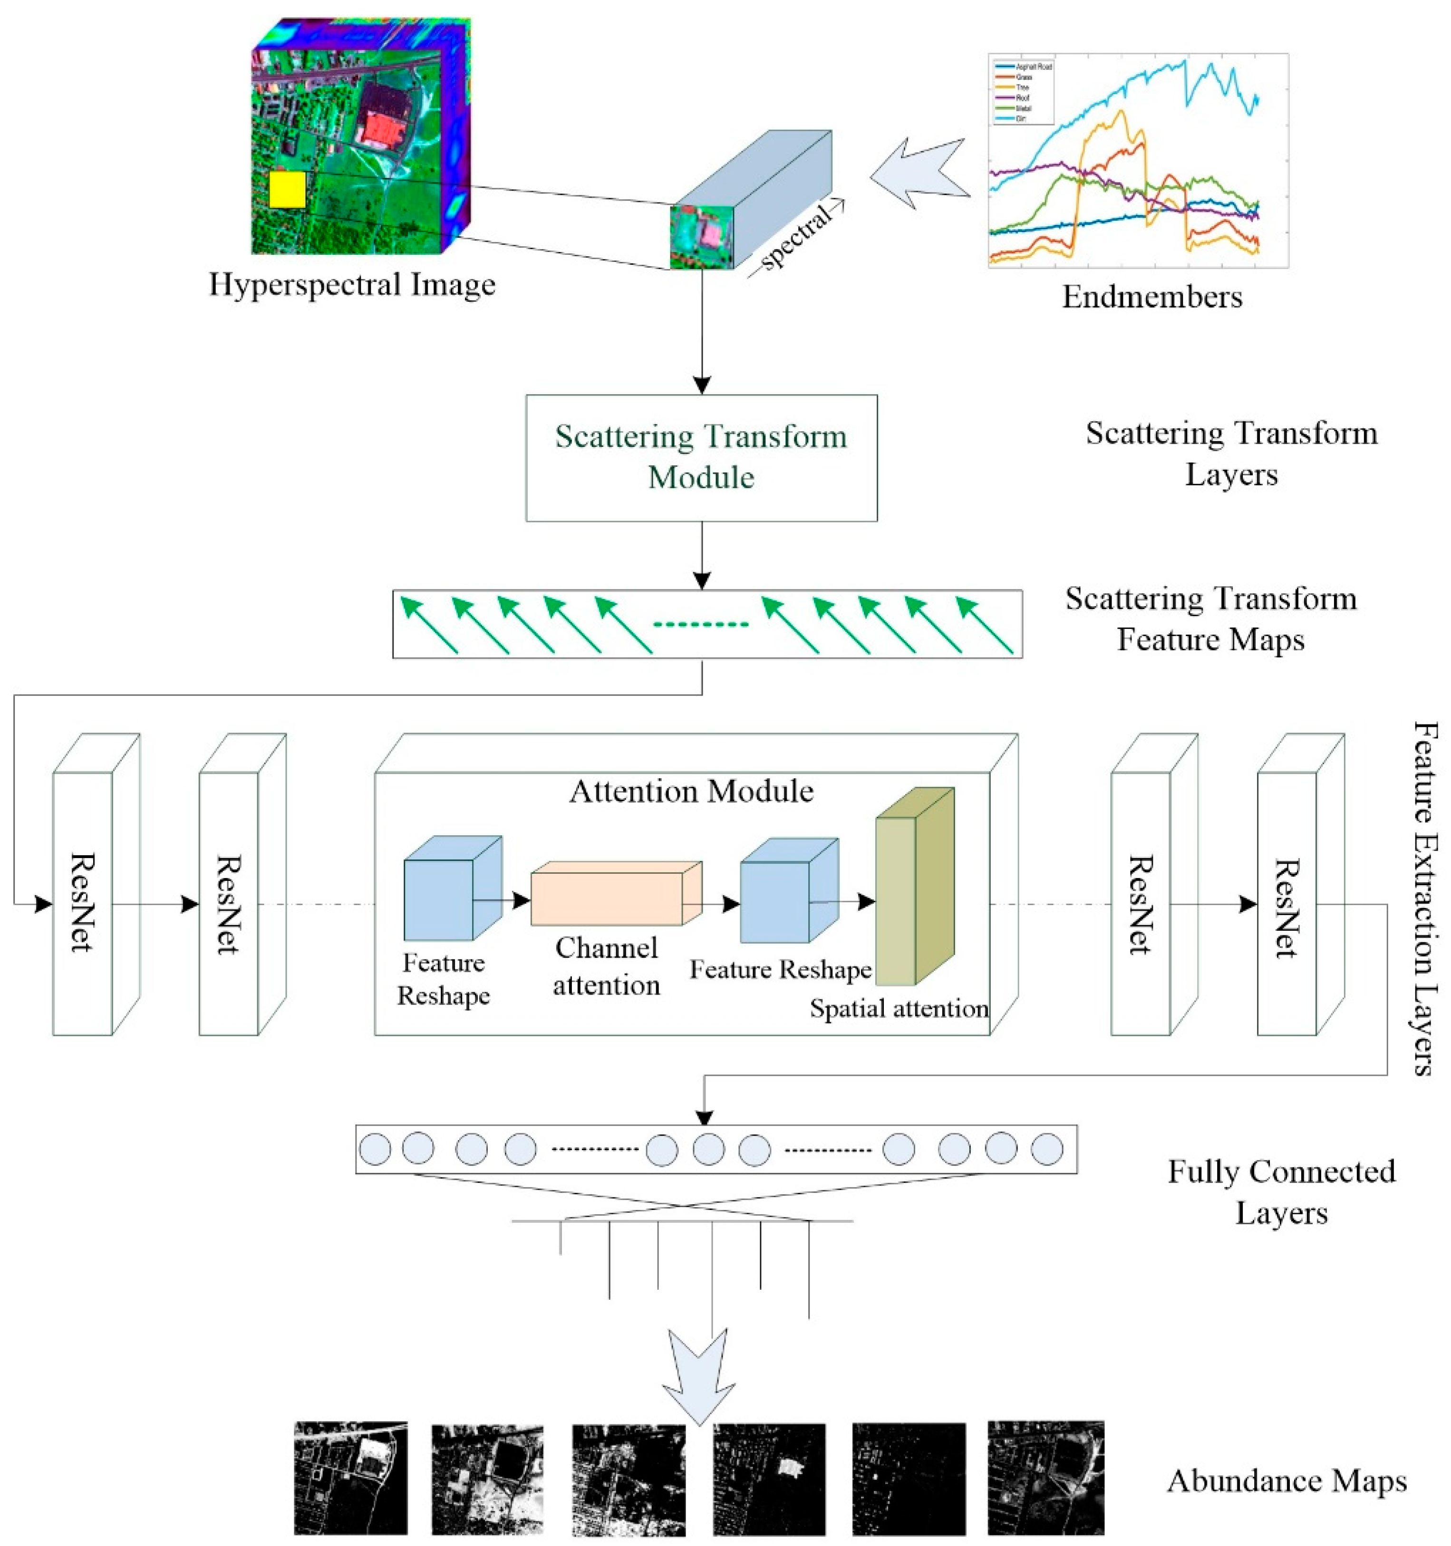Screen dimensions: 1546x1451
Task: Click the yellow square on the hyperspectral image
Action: pos(287,190)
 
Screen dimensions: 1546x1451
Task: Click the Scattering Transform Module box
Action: pos(701,458)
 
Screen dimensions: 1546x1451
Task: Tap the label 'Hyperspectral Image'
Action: pos(351,285)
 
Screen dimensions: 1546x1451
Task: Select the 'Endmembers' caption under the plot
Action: pos(1151,297)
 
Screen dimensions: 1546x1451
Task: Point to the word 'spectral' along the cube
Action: pos(795,237)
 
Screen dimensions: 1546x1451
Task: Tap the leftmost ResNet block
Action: pos(82,902)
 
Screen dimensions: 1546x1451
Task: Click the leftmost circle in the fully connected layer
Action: pos(375,1150)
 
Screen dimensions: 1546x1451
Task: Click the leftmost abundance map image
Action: pos(351,1478)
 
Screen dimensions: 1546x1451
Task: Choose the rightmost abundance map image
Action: pos(1045,1478)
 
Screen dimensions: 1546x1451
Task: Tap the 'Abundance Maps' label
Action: pos(1286,1481)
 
